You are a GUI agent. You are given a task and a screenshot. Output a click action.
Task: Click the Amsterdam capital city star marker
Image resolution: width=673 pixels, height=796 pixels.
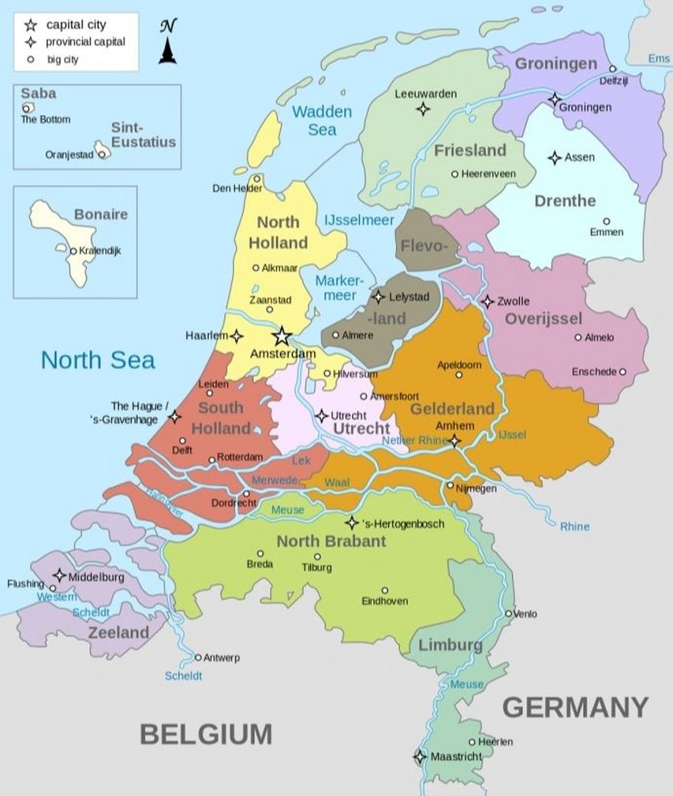coord(282,336)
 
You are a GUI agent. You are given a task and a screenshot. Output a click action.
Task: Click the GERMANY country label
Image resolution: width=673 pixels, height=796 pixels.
coord(575,708)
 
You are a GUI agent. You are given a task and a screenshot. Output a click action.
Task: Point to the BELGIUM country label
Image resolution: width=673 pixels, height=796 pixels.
coord(206,734)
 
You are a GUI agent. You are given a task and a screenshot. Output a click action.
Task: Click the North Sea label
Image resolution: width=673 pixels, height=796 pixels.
coord(98,360)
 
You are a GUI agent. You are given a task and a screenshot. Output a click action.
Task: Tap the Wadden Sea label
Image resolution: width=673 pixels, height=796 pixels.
coord(322,121)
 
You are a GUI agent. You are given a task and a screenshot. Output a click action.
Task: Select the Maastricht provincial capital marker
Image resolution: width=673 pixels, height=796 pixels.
coord(420,757)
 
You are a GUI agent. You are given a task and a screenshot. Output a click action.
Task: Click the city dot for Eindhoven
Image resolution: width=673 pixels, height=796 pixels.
coord(384,590)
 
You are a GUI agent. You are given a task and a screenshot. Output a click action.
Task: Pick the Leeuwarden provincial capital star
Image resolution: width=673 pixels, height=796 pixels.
coord(423,109)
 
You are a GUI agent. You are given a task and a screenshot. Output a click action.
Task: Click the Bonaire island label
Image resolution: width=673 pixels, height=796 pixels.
coord(101,215)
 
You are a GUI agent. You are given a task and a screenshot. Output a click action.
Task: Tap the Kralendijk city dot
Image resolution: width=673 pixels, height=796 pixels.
coord(73,251)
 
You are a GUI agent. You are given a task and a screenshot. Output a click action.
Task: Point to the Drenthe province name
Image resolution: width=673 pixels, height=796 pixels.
coord(565,201)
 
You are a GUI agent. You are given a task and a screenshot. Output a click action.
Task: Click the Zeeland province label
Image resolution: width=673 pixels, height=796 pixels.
coord(118,633)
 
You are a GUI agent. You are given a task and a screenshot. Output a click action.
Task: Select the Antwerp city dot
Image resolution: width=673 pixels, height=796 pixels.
coord(198,657)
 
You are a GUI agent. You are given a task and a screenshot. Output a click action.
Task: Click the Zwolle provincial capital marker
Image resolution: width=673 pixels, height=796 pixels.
coord(488,301)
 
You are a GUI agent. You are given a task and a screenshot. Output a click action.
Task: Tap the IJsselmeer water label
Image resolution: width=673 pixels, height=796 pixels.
coord(359,220)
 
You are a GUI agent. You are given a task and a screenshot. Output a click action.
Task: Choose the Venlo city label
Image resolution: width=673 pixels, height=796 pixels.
coord(525,614)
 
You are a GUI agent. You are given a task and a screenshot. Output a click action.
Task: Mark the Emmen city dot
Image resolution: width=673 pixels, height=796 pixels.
coord(606,221)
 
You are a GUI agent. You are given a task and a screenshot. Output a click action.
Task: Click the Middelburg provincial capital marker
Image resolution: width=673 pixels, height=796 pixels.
coord(60,575)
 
